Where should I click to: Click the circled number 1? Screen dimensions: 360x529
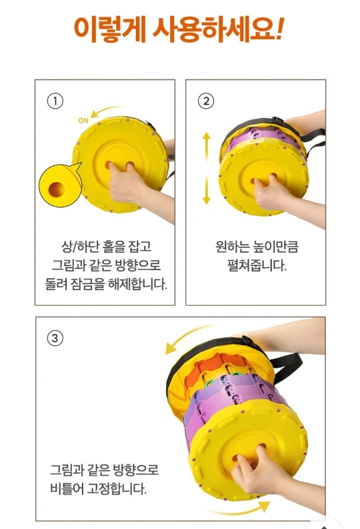point(55,101)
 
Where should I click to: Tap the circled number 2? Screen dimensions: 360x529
point(205,101)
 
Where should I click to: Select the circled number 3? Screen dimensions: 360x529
point(55,338)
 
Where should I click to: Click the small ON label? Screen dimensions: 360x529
point(83,121)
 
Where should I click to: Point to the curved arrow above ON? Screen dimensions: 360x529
point(105,110)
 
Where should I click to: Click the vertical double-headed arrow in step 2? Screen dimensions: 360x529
point(206,168)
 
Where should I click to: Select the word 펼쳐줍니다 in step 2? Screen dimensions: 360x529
point(257,266)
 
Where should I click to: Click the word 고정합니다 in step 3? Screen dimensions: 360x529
point(117,488)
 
